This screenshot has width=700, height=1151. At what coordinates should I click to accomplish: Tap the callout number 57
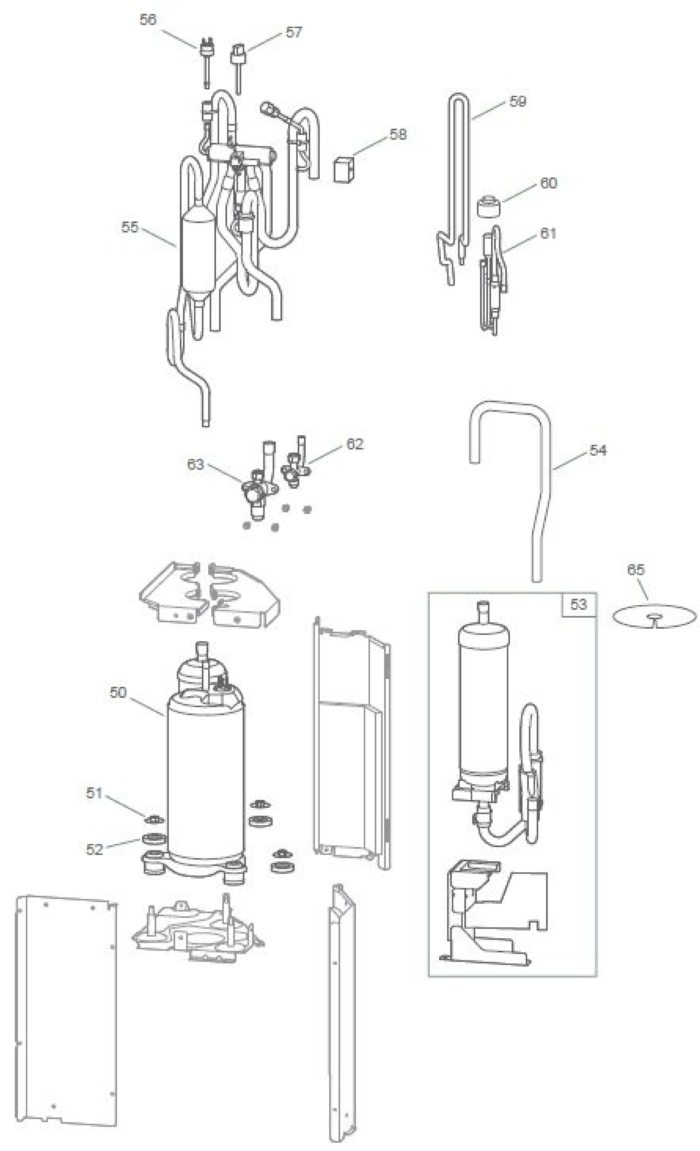293,32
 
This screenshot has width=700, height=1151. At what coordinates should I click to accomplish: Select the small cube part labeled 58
344,169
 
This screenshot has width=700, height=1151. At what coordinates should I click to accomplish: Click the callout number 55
130,227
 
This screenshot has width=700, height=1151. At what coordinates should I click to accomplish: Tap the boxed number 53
578,604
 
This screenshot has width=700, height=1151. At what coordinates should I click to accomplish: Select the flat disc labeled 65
654,617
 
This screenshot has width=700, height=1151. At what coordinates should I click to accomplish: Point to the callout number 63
195,464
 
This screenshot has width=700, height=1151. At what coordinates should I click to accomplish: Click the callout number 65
635,569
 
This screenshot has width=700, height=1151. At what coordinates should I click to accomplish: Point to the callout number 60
549,183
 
